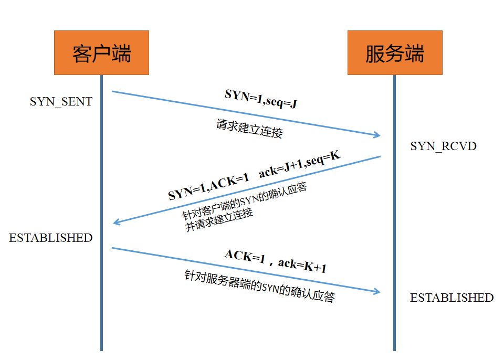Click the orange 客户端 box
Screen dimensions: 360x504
coord(101,52)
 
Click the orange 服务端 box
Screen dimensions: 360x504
coord(395,52)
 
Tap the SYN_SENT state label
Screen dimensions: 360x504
coord(61,101)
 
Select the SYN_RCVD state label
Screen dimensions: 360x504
coord(443,146)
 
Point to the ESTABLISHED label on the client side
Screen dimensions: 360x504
coord(50,238)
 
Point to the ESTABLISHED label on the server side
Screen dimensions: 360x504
coord(451,298)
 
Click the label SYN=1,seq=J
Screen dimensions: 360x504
coord(261,98)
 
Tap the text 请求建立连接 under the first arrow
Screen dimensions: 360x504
coord(249,129)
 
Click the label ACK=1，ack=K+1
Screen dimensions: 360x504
coord(275,261)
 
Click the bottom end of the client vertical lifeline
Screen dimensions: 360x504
coord(101,349)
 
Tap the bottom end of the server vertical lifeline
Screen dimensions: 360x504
coord(394,349)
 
